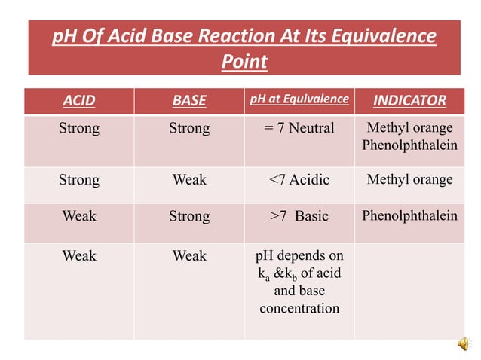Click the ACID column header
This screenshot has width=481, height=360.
point(78,100)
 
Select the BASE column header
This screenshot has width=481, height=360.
point(188,100)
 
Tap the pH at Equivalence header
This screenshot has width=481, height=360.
point(299,99)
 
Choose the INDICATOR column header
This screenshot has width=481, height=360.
point(409,100)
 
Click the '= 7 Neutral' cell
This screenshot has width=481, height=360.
point(299,128)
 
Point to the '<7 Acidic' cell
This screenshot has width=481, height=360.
point(299,180)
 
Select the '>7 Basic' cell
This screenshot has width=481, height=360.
point(299,216)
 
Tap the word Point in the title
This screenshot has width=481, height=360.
point(244,62)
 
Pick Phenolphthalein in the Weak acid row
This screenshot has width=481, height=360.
point(409,216)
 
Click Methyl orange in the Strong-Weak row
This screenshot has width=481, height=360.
point(409,180)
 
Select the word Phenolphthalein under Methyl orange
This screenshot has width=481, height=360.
point(409,145)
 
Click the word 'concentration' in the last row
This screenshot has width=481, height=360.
point(299,308)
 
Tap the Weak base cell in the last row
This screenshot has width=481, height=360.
point(188,256)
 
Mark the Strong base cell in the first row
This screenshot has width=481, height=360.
point(188,128)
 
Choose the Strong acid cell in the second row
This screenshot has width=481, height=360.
point(78,180)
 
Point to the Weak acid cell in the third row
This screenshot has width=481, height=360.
point(78,216)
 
